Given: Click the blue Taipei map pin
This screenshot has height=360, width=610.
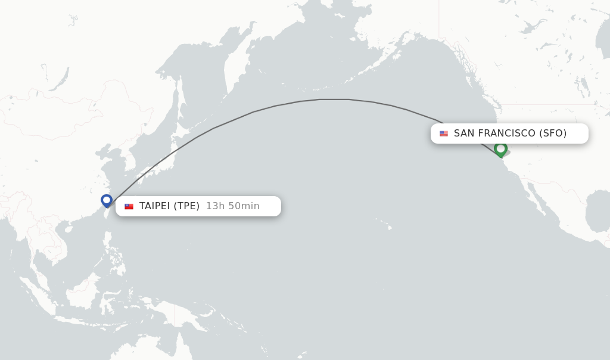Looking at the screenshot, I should tap(107, 200).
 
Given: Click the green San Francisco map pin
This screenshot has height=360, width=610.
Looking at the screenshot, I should tap(500, 148).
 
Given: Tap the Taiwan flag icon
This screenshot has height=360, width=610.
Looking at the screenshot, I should tap(129, 206).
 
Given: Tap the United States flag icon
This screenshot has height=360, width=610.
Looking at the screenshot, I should tap(444, 134).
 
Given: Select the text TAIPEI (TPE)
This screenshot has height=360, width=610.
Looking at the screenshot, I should tap(169, 206).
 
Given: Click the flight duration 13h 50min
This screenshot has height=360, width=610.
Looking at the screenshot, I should tap(233, 206).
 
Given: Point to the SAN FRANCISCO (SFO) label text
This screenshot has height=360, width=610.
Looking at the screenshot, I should tap(510, 134).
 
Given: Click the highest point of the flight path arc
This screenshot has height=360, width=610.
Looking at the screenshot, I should tap(334, 99).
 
